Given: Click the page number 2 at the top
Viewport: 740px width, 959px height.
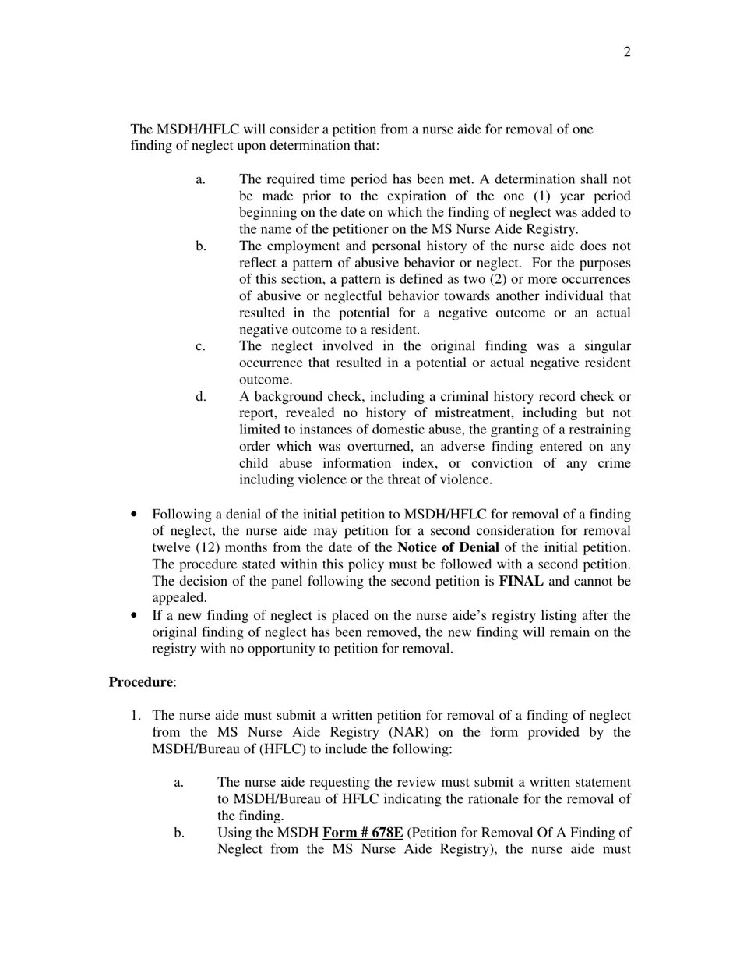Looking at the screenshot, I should [627, 52].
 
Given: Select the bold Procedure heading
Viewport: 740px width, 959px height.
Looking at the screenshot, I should [141, 682].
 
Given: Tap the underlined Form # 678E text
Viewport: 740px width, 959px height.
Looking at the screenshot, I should [362, 833].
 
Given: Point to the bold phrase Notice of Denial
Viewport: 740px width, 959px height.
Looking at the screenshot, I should [448, 547].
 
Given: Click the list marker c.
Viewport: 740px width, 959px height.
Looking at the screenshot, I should [201, 346].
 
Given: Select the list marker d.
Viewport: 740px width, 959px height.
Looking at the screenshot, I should [201, 397].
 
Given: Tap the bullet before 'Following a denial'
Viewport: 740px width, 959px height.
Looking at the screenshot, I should [136, 515].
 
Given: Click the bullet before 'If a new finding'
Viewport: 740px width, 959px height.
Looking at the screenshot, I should [136, 616].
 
